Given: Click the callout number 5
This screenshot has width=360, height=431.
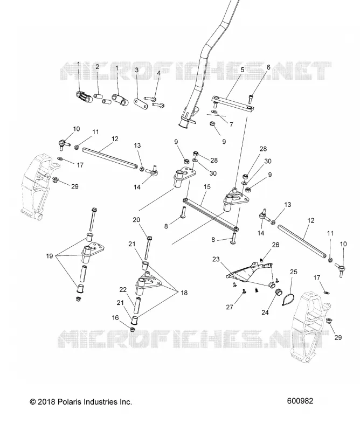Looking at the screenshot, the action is point(243,70).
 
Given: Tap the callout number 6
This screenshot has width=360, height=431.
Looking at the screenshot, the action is point(268,67).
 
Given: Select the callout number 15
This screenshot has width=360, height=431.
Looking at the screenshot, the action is point(207,187).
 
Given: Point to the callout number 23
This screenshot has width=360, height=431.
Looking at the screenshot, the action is point(216,259).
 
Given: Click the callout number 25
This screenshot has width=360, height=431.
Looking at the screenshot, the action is point(294,272).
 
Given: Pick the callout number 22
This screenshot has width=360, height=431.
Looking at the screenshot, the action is point(123,289).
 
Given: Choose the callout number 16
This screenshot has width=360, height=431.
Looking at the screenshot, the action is point(115,318).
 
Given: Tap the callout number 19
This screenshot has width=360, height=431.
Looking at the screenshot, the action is point(49,256).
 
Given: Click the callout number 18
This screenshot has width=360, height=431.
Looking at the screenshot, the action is point(184,293).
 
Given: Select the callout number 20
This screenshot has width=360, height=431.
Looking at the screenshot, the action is point(136,220).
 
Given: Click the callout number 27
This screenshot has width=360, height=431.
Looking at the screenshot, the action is point(230,307).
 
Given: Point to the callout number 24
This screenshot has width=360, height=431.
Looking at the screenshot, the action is point(265,312).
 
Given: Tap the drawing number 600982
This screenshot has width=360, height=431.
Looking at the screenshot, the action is point(300,401).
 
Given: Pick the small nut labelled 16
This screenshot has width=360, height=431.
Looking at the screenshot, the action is point(132,329).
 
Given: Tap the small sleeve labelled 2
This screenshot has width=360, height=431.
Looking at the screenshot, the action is point(99,96).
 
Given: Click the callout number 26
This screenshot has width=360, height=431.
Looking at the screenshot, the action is point(275,245).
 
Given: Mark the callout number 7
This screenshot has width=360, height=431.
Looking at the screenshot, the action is point(231,124).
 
